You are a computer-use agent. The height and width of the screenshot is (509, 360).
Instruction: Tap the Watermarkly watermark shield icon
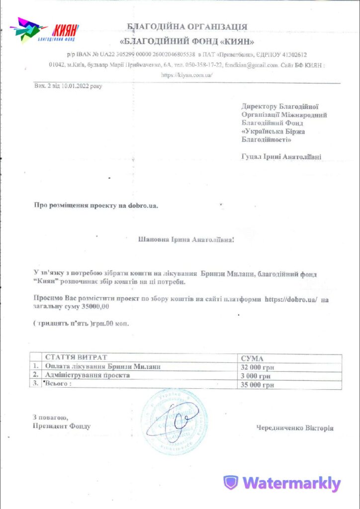pos(230,483)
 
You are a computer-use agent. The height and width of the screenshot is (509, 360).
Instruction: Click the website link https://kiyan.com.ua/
pos(186,75)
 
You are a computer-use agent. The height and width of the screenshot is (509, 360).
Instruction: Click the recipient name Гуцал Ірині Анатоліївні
pos(281,157)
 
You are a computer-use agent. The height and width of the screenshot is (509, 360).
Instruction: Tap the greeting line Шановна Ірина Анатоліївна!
pos(185,240)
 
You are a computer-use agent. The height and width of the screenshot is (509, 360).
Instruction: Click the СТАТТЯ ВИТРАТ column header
pos(76,357)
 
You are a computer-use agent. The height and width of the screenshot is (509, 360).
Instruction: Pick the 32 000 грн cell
pos(258,367)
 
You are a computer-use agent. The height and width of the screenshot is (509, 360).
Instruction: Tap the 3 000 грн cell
pos(256,376)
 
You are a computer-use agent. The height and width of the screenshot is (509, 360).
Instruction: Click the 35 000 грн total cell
pos(258,384)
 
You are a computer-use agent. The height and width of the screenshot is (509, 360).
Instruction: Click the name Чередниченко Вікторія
pos(295,428)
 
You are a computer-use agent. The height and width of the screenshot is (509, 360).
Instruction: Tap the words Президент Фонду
pos(62,426)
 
